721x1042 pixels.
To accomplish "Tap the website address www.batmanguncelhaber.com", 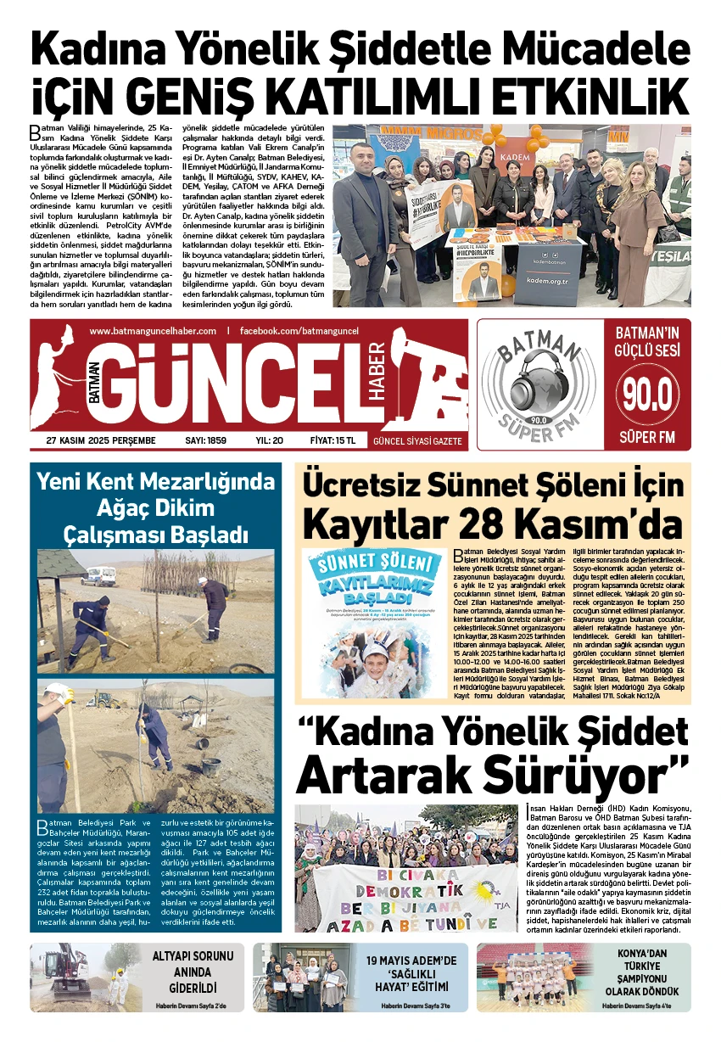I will (x=153, y=330).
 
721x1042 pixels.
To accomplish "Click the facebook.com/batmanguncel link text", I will (x=299, y=330).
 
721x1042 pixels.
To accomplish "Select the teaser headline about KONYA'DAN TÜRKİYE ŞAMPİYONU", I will (x=648, y=971).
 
